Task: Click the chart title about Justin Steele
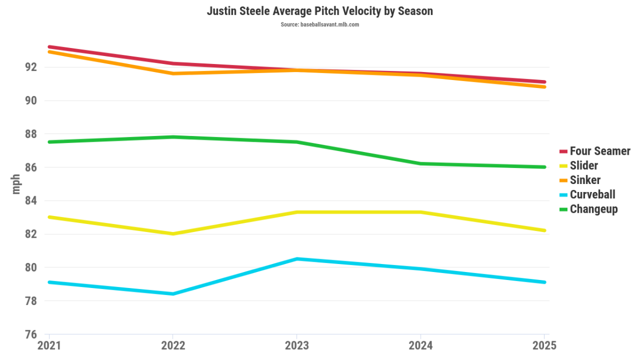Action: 319,11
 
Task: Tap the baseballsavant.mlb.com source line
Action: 319,25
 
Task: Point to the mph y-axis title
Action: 16,184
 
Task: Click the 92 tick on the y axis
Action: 31,67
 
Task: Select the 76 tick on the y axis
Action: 31,334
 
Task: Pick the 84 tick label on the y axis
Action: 31,201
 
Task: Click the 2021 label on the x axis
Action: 49,346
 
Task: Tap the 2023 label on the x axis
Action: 297,346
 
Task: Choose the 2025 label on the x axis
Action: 544,346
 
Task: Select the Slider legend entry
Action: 583,166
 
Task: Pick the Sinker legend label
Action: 585,180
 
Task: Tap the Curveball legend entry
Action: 592,195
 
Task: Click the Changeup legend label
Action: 593,209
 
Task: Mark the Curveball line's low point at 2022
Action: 173,294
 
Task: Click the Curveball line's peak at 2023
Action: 297,259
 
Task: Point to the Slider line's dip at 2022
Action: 173,234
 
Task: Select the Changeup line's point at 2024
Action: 420,164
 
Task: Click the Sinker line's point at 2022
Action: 173,74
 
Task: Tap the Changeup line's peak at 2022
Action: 173,137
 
